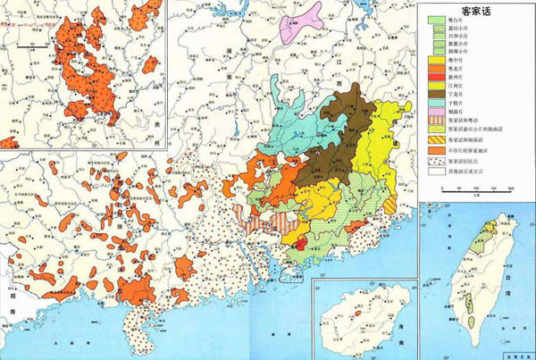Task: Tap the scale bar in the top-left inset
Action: [x=31, y=38]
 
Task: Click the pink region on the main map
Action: [x=300, y=24]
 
